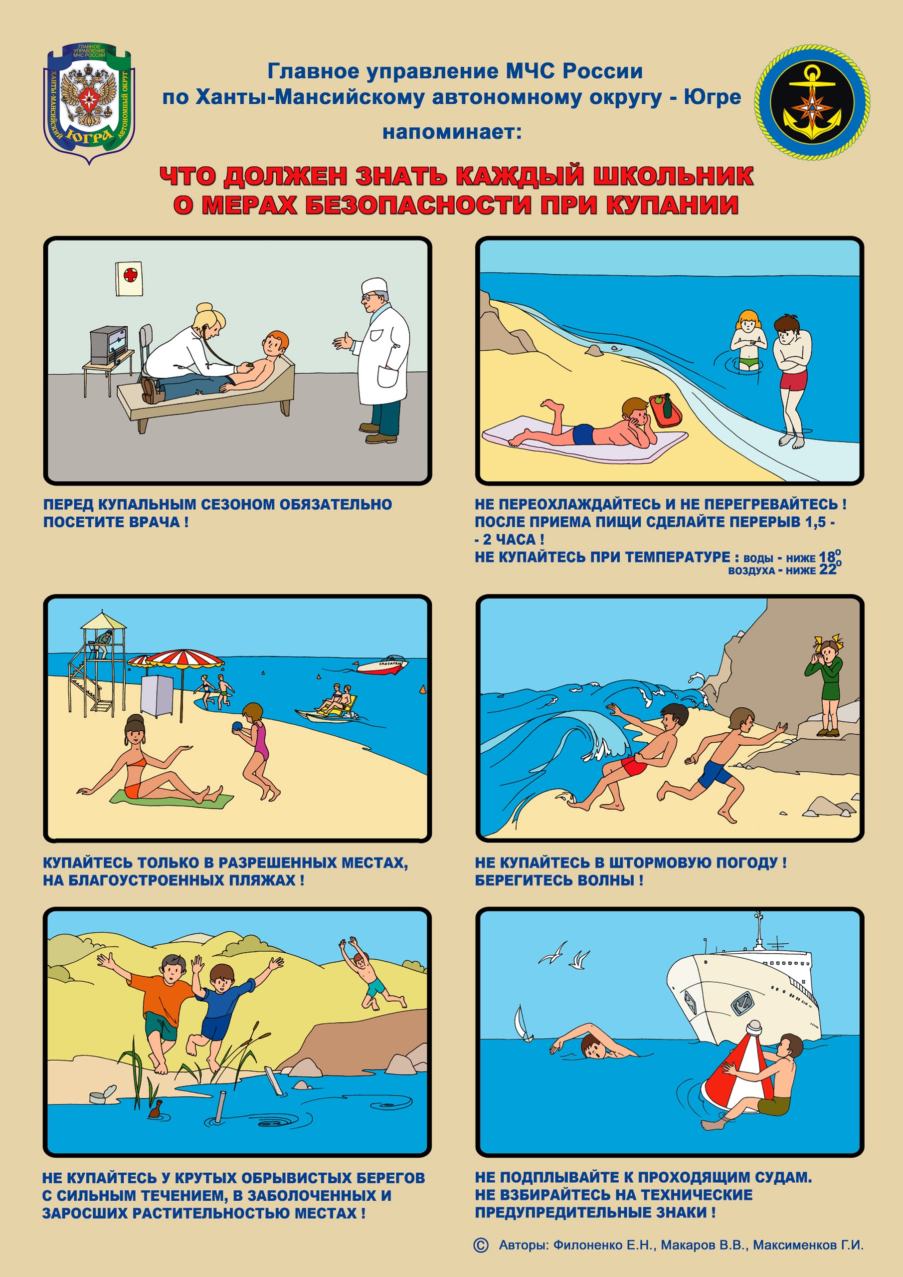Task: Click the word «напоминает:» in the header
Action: [452, 132]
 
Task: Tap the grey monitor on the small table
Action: [109, 345]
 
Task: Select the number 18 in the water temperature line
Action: [827, 557]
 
